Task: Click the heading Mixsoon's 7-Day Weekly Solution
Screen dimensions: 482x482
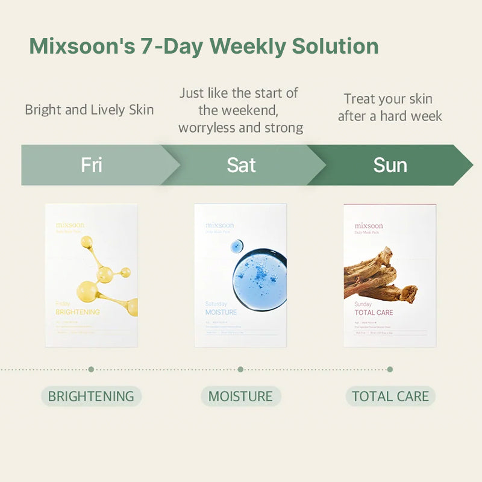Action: (x=204, y=46)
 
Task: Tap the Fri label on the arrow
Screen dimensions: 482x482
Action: (x=92, y=165)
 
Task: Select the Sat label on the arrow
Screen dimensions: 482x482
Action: (x=241, y=165)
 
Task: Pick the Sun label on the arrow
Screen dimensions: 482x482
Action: (x=390, y=165)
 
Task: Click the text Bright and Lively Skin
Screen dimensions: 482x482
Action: (x=89, y=110)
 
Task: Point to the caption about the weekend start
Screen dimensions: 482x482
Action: (x=241, y=110)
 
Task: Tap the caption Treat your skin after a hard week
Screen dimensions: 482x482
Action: (x=390, y=107)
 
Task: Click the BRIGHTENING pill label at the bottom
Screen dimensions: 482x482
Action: (x=91, y=396)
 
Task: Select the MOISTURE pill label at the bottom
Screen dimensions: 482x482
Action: (x=240, y=396)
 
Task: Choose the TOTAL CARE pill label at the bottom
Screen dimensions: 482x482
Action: (x=390, y=396)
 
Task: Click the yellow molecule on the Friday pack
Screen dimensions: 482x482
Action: (x=106, y=274)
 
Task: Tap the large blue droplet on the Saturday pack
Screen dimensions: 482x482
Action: (x=259, y=277)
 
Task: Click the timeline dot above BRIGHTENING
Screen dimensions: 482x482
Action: (x=91, y=369)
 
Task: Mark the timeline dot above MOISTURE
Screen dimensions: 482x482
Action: (x=240, y=369)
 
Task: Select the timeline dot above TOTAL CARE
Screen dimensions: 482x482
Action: (x=390, y=369)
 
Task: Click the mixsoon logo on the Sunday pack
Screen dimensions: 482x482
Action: (x=369, y=226)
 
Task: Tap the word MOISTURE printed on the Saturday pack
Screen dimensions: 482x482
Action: (x=221, y=313)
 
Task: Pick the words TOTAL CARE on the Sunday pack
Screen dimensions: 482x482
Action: (x=374, y=313)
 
